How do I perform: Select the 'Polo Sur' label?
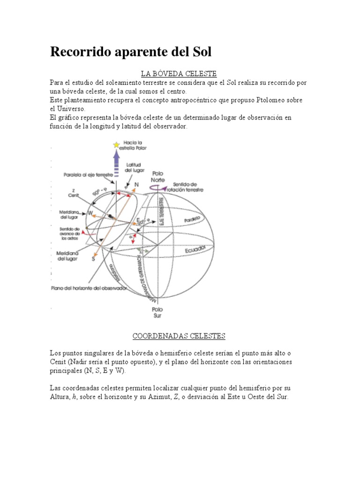157,312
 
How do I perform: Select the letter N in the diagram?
136,185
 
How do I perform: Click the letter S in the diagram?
93,258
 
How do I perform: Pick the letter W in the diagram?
90,213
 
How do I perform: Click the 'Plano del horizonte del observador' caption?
89,288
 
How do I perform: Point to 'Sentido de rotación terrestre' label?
187,187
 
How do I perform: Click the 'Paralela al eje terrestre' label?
88,174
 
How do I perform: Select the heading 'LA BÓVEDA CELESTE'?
179,74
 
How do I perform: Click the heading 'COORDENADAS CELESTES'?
179,336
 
